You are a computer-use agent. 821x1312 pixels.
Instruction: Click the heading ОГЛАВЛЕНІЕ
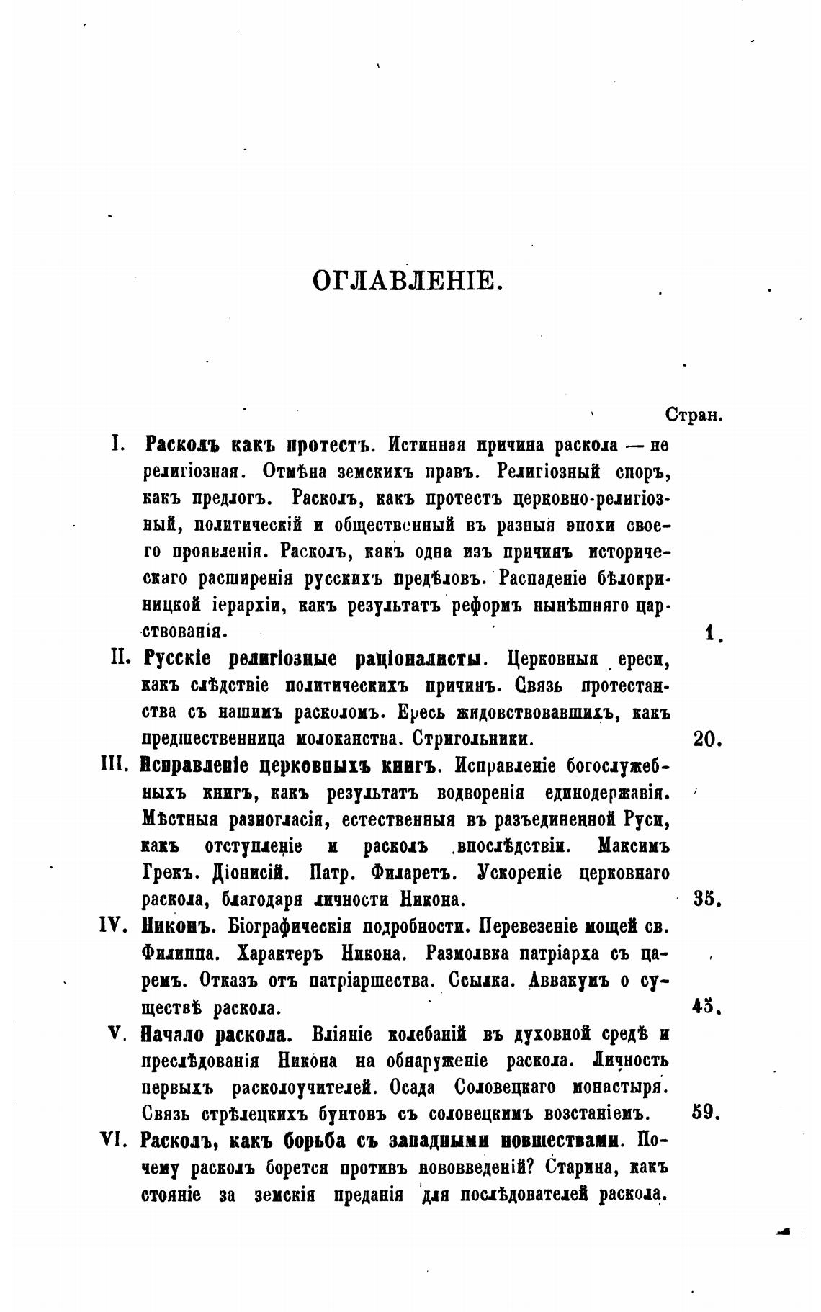407,280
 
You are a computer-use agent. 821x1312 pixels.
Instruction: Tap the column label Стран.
694,415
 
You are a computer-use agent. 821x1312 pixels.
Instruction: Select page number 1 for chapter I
712,633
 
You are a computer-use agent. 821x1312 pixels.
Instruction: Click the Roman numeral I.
118,445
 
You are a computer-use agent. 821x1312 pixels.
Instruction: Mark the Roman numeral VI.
116,1139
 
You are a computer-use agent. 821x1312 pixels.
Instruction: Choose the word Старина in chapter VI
580,1167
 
